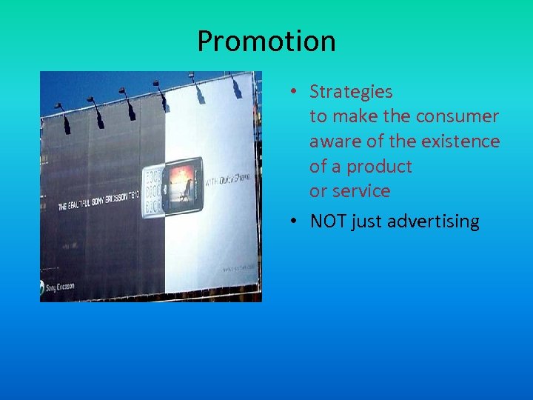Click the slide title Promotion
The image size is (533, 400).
coord(266,41)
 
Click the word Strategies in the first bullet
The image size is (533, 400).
coord(351,92)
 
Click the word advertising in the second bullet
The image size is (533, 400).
coord(433,221)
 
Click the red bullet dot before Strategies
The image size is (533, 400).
coord(294,92)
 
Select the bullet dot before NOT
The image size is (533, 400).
coord(294,221)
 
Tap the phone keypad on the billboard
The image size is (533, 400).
coord(152,193)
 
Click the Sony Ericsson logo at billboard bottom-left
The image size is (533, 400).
coord(58,286)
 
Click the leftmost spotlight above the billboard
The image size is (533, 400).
coord(60,108)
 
